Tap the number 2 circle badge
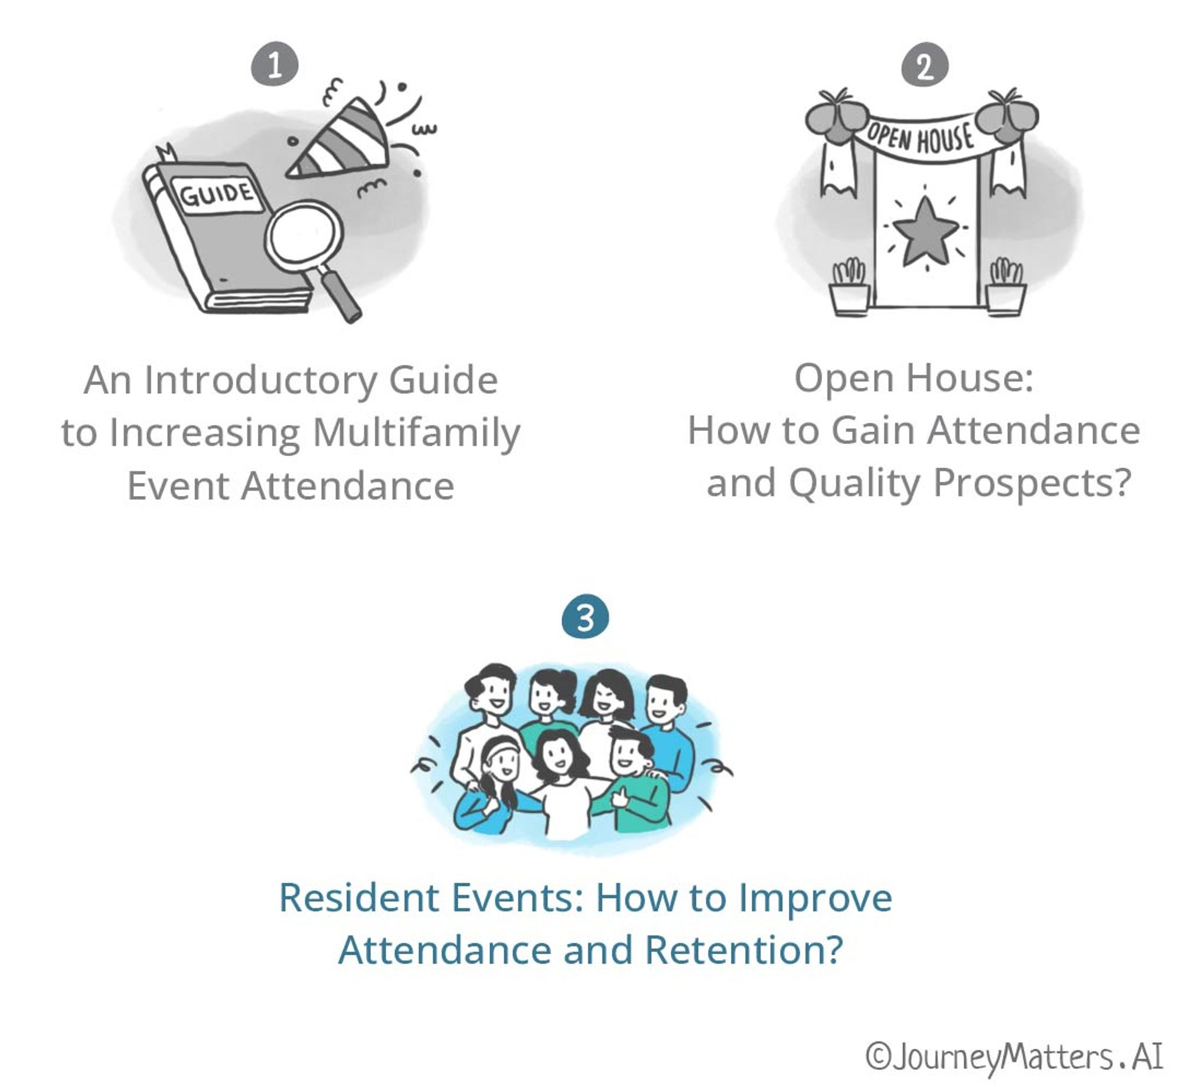(925, 66)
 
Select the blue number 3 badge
(585, 618)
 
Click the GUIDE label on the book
(217, 194)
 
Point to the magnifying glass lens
(305, 234)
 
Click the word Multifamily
(416, 434)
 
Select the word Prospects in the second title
(1031, 483)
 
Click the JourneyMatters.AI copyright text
(1014, 1056)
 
